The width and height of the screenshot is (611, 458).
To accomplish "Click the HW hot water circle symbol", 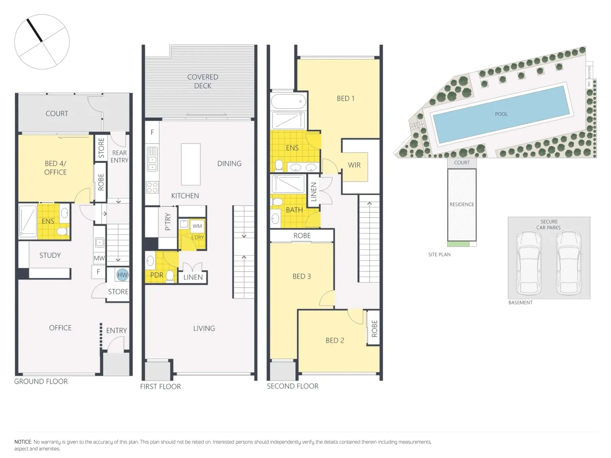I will [122, 275].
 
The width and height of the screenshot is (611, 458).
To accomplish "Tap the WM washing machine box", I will [197, 226].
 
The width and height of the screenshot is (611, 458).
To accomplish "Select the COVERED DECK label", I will [203, 81].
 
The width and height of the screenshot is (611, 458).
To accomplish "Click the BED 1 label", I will [345, 98].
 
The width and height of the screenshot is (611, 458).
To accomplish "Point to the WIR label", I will [354, 165].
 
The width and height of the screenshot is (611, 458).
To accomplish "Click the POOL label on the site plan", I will [501, 114].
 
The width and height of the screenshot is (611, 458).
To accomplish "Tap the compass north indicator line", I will [34, 30].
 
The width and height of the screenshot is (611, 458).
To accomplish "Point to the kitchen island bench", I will [191, 164].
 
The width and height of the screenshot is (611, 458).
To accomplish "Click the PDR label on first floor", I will [157, 275].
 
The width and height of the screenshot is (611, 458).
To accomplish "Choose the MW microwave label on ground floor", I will [99, 258].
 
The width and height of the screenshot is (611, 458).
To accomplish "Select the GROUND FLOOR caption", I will [41, 381].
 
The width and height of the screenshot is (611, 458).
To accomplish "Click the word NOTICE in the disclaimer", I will [23, 442].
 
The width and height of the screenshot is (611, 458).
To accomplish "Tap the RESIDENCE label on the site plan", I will [462, 204].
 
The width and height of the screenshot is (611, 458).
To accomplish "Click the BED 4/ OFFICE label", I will [55, 168].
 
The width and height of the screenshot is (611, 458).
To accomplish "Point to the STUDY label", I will [50, 255].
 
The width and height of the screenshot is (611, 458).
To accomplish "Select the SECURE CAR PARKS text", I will [549, 225].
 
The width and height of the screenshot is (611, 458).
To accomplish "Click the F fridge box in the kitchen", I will [152, 132].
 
